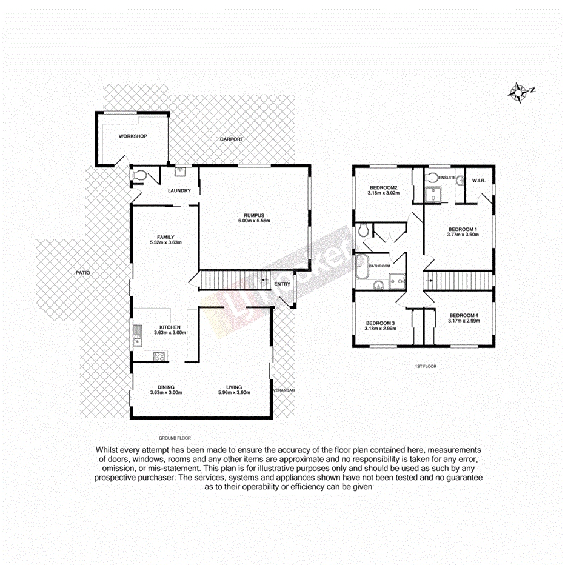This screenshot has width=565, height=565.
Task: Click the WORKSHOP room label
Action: [x=133, y=136]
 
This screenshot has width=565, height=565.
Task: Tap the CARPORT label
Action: [x=232, y=139]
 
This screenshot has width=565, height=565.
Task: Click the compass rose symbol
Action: [x=519, y=92]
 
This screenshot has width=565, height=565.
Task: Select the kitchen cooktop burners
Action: [x=160, y=357]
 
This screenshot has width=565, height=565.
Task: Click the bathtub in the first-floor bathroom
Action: [x=362, y=266]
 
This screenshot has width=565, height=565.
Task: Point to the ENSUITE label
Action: [x=447, y=177]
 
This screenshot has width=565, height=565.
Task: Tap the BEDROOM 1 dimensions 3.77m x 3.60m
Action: [x=463, y=235]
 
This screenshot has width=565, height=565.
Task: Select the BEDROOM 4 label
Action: [x=464, y=315]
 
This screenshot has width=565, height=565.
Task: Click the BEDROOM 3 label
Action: [x=380, y=323]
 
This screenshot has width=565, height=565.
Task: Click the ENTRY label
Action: [x=282, y=284]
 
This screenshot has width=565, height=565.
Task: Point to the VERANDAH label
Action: [x=283, y=390]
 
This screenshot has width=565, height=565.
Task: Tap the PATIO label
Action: [x=82, y=273]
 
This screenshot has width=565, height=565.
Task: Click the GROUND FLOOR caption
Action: [x=175, y=437]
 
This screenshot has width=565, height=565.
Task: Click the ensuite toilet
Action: [x=432, y=178]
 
